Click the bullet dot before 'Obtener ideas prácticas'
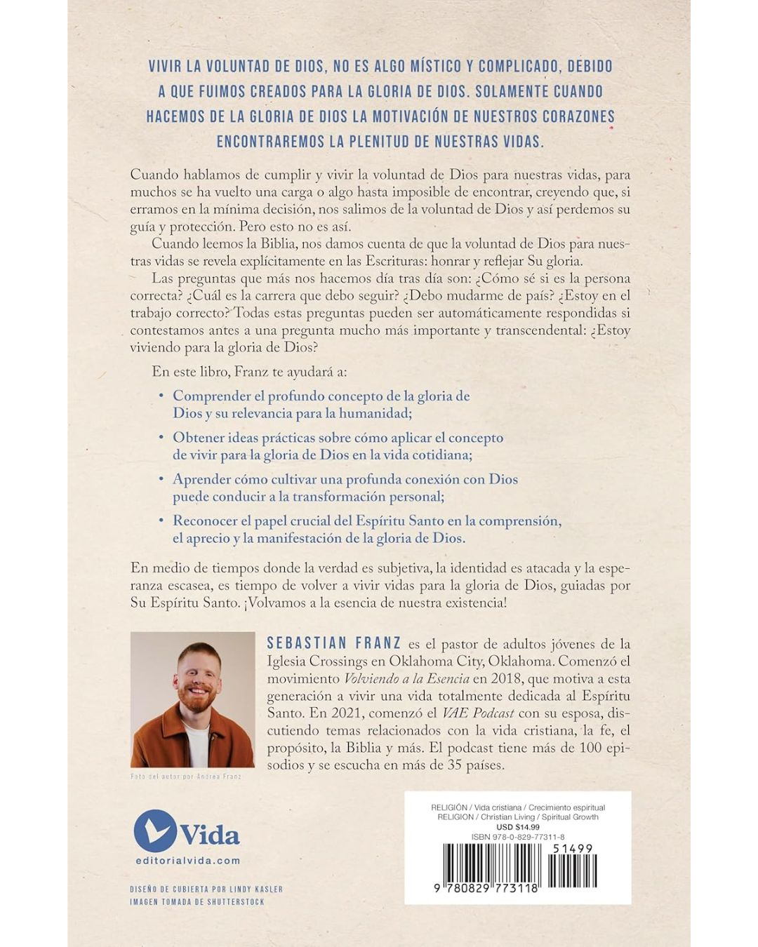161,437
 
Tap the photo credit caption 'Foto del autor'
186,777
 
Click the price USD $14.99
518,827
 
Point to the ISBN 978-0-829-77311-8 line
518,837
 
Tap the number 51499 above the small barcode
573,848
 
